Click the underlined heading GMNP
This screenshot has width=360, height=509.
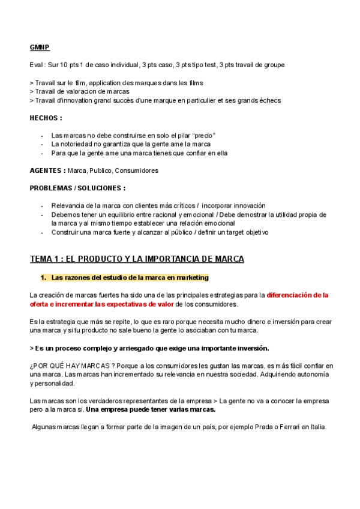(x=40, y=47)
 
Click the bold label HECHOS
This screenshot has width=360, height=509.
(x=46, y=118)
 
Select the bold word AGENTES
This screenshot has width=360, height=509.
(x=47, y=170)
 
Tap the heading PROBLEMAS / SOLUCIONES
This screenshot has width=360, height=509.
(x=77, y=188)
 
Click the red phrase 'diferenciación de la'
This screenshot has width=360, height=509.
(x=298, y=295)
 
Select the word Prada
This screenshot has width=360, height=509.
(x=258, y=427)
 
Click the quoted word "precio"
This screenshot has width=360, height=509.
(x=203, y=136)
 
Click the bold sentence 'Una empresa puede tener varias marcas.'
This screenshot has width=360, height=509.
(x=151, y=409)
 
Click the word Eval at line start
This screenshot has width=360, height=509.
(x=36, y=65)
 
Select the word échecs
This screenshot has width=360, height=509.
(x=268, y=100)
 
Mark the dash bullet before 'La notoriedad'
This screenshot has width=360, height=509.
(x=42, y=144)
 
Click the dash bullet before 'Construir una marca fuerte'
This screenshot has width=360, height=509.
(x=42, y=232)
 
